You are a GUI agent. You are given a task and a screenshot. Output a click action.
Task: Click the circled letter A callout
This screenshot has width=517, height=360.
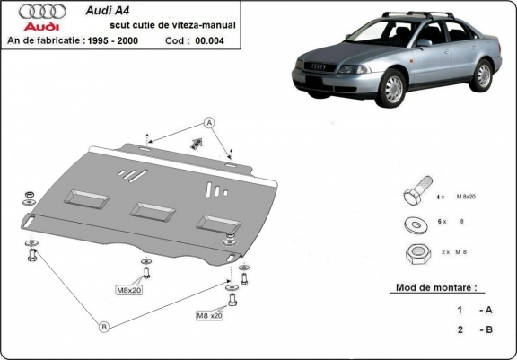coord(208,122)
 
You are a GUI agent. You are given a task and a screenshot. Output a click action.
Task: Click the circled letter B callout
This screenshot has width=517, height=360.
coord(104,328)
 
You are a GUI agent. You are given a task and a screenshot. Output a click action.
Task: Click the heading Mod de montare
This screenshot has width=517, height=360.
coord(435,289)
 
